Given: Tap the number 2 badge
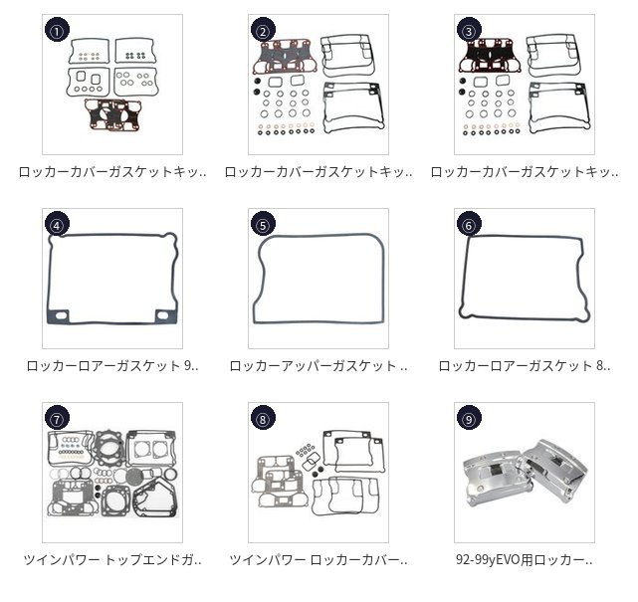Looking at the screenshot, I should (x=262, y=30).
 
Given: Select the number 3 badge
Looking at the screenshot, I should (x=468, y=30).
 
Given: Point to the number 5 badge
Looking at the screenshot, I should (x=262, y=224).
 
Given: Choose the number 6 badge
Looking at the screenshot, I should (x=468, y=224).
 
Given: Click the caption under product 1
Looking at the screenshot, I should (x=112, y=172).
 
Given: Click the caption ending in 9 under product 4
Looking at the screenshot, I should (x=112, y=366).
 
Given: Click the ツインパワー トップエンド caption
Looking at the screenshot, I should (x=112, y=560).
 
